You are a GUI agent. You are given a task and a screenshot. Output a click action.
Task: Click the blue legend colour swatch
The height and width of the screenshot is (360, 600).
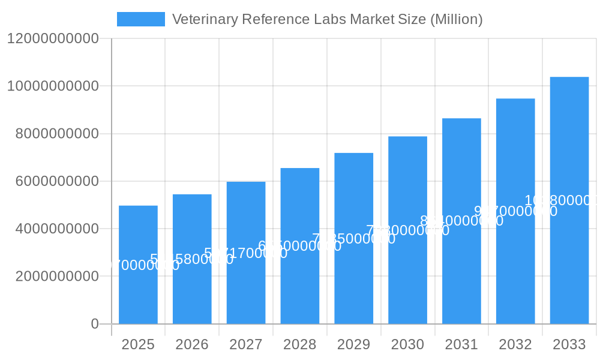click(140, 19)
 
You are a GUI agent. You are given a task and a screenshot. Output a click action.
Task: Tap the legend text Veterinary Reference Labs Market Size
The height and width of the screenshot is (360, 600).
click(327, 19)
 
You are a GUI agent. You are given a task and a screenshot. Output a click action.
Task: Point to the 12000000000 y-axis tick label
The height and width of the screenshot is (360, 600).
click(53, 38)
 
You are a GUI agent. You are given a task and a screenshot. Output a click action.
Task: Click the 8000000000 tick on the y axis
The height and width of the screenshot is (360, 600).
click(57, 134)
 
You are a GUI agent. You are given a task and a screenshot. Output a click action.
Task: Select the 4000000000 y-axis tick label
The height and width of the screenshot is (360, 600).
click(57, 229)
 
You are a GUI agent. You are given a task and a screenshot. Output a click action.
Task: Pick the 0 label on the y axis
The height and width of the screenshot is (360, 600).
click(95, 324)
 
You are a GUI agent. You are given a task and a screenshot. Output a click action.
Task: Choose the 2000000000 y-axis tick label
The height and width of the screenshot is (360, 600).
click(57, 277)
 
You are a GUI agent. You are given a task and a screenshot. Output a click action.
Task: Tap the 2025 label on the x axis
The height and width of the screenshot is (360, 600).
click(138, 344)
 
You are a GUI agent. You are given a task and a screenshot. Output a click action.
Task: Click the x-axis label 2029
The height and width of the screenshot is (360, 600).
click(354, 344)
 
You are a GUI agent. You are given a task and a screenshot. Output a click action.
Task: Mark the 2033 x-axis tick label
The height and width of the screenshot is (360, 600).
click(569, 344)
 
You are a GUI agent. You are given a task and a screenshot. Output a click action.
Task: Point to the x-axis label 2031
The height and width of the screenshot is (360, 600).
click(461, 344)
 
